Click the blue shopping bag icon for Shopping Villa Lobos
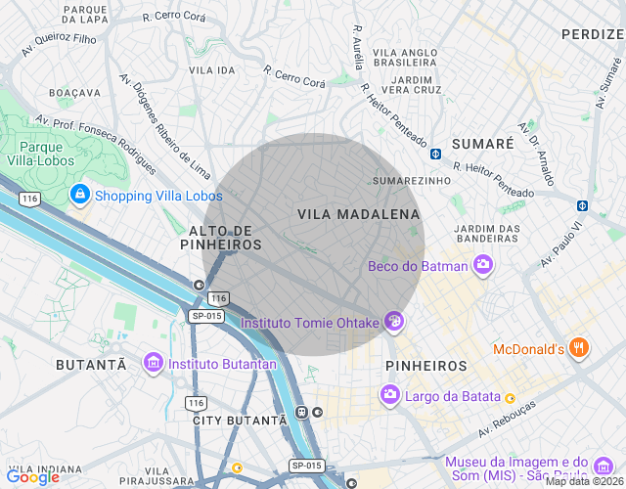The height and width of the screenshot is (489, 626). [x=79, y=196]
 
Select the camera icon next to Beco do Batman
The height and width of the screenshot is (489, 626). [x=482, y=265]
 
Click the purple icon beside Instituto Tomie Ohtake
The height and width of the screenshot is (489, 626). [x=394, y=321]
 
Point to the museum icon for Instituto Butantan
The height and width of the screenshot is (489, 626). [x=153, y=364]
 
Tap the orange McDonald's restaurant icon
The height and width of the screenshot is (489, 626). [x=580, y=348]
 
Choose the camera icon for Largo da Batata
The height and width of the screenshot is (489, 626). [x=389, y=394]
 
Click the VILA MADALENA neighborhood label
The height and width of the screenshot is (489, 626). [x=358, y=213]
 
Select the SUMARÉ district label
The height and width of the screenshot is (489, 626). [x=479, y=144]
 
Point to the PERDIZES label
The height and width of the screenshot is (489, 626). [x=593, y=34]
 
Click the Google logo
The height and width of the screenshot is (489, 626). [x=32, y=476]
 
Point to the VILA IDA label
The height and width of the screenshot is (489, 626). [x=212, y=70]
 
